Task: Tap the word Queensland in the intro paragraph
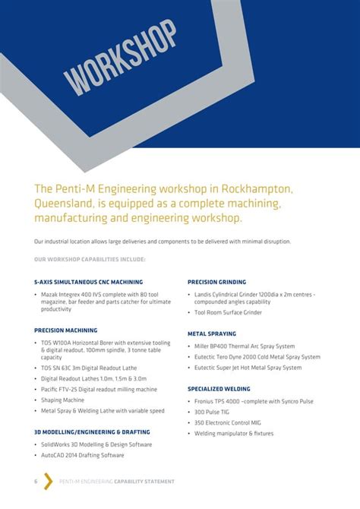tap(65, 203)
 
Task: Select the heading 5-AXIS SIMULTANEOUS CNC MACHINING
tap(88, 282)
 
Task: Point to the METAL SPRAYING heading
tap(212, 334)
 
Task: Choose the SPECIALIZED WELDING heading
tap(219, 388)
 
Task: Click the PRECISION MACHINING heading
tap(65, 330)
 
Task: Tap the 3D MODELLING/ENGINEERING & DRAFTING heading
tap(92, 432)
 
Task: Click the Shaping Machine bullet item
tap(62, 400)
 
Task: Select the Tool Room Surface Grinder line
tap(228, 312)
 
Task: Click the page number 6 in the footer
tap(36, 482)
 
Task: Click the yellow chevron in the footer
tap(48, 482)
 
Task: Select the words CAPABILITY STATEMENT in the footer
tap(144, 482)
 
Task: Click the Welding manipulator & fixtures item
tap(234, 433)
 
